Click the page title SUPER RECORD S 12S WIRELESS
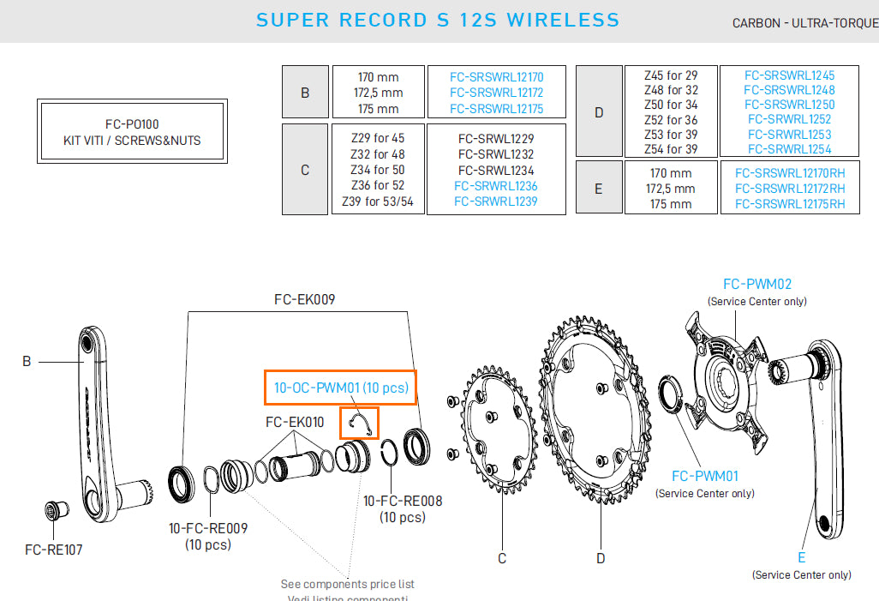[x=438, y=20]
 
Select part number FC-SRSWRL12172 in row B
[x=496, y=93]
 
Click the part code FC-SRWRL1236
[x=496, y=186]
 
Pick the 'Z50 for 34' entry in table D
[x=671, y=105]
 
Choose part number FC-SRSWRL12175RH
[x=790, y=204]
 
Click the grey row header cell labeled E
[x=598, y=188]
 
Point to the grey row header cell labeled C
[x=305, y=170]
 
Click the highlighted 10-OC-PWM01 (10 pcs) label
[x=341, y=388]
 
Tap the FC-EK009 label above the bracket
[x=304, y=300]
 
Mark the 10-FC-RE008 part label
[x=403, y=501]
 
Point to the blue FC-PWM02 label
[x=756, y=284]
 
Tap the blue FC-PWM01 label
[x=704, y=476]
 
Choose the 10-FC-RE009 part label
[x=208, y=528]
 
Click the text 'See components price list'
[x=348, y=585]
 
